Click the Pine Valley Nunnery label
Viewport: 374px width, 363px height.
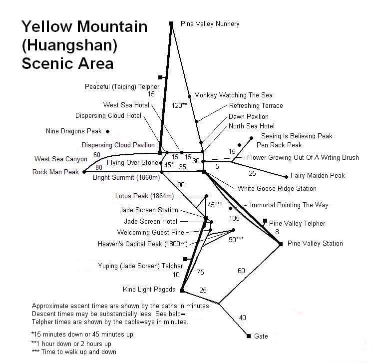[x=210, y=24]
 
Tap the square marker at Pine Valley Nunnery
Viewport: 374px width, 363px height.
[x=171, y=23]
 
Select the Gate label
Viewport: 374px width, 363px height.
[x=261, y=336]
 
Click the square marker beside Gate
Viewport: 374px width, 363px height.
[x=249, y=336]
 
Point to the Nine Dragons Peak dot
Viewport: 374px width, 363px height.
[x=107, y=131]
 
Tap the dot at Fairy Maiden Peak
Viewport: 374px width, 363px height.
[x=286, y=177]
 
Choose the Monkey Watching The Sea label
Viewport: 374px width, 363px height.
[x=233, y=95]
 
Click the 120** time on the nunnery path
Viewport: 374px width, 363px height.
[x=179, y=105]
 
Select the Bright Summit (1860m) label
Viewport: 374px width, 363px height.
[x=126, y=178]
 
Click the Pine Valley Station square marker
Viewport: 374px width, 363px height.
[x=281, y=244]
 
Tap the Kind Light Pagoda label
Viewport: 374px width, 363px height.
[x=149, y=290]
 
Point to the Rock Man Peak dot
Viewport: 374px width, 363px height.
[x=84, y=172]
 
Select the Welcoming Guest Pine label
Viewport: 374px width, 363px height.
[x=150, y=232]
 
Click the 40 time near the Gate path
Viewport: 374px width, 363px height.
[x=243, y=318]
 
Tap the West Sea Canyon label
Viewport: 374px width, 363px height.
[x=61, y=159]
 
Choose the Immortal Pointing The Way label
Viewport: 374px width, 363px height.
[x=289, y=205]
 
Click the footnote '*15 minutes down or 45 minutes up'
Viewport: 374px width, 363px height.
[x=82, y=334]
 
